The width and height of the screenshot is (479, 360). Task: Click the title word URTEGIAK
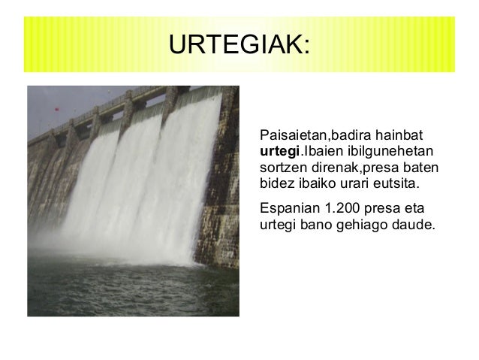(235, 44)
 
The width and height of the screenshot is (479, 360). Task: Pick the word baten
(419, 168)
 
